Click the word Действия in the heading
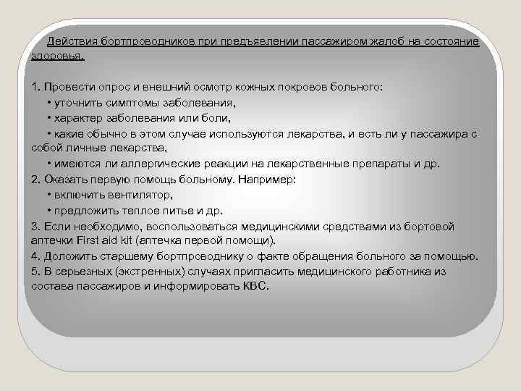coord(72,41)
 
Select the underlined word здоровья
coord(58,55)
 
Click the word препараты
coord(382,163)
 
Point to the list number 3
coord(35,225)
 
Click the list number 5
coord(35,271)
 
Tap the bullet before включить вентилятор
coord(48,195)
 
